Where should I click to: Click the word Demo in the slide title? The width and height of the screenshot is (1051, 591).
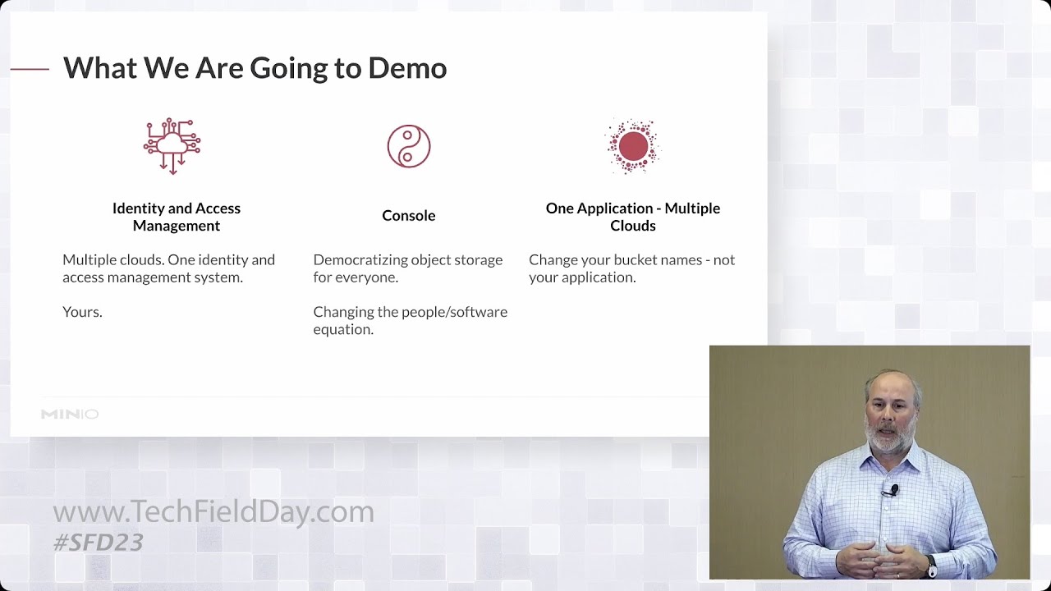[x=407, y=68]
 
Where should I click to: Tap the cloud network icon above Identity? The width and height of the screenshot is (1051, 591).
[x=172, y=146]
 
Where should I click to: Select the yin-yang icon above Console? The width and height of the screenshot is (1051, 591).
[x=409, y=147]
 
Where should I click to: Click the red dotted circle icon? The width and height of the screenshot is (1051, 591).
[x=633, y=147]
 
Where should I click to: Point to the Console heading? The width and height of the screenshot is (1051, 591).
[x=408, y=216]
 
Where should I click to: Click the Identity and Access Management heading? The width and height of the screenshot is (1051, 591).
[x=177, y=217]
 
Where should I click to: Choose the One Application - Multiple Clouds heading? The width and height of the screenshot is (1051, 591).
[x=633, y=217]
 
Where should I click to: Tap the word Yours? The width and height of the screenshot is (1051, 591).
[x=82, y=312]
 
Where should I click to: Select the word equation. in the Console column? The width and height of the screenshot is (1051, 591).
[x=343, y=329]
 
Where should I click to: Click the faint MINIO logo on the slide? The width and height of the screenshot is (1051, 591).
[x=70, y=415]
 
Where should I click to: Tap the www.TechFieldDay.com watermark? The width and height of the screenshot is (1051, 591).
[x=213, y=512]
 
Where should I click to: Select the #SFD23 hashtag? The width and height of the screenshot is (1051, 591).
[x=98, y=543]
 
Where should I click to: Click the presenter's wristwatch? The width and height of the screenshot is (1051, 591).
[x=931, y=566]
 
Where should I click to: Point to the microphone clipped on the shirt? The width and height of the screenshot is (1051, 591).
[x=893, y=490]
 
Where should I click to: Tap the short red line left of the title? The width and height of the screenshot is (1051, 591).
[x=30, y=69]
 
